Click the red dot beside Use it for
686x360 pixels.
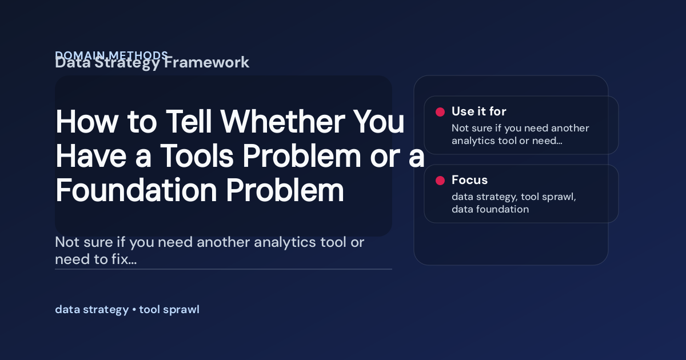point(440,112)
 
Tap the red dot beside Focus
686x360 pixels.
point(440,181)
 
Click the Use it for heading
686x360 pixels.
point(478,111)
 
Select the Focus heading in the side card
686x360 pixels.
point(469,180)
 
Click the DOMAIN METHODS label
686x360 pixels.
point(111,55)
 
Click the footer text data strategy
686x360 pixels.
point(91,310)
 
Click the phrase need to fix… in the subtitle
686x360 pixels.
point(95,260)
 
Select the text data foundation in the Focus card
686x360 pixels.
point(490,209)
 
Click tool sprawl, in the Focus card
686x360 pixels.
point(548,197)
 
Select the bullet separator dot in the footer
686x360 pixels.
point(134,310)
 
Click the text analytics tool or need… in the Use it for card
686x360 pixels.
point(506,141)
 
